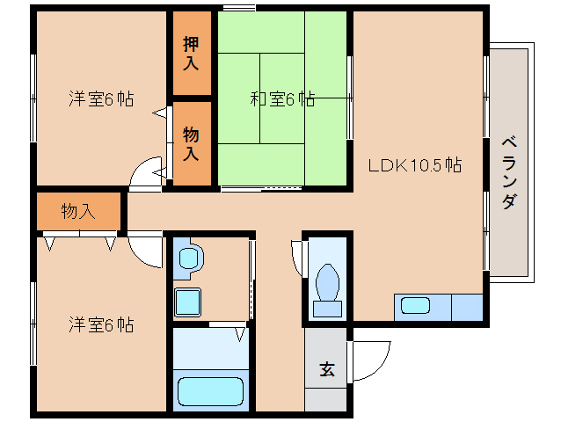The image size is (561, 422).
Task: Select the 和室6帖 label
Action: pyautogui.click(x=282, y=99)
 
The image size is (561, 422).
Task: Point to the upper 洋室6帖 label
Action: pyautogui.click(x=101, y=99)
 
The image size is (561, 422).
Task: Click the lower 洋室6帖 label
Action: pyautogui.click(x=101, y=325)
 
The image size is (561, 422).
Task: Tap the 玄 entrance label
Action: pyautogui.click(x=326, y=370)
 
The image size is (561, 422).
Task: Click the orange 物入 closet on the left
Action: pyautogui.click(x=78, y=211)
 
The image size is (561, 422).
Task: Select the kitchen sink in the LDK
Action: pyautogui.click(x=416, y=307)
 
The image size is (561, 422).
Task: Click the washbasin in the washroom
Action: pyautogui.click(x=189, y=258)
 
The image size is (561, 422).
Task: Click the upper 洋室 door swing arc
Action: pyautogui.click(x=144, y=176)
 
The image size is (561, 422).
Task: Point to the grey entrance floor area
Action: pyautogui.click(x=326, y=387)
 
